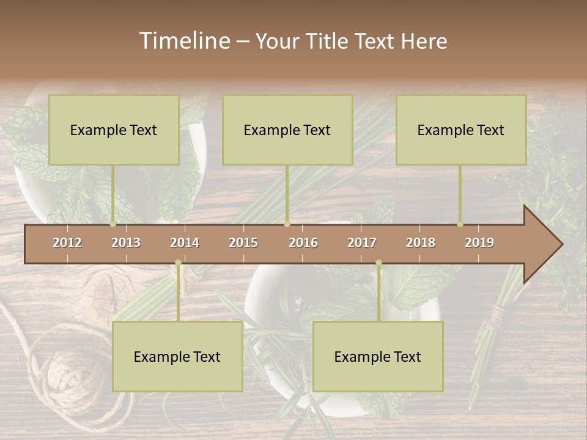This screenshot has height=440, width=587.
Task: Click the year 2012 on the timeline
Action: [x=67, y=243]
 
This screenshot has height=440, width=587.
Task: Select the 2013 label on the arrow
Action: [x=126, y=243]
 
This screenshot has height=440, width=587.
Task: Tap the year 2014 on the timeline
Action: [x=185, y=243]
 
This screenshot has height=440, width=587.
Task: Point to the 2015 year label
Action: [x=243, y=243]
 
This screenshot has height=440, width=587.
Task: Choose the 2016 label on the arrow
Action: [x=303, y=243]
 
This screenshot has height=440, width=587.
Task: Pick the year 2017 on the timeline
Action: [x=362, y=243]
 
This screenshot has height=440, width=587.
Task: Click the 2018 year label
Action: [x=421, y=243]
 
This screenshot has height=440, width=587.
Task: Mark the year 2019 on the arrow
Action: [x=479, y=243]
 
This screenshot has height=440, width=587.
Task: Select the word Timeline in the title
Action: [x=184, y=41]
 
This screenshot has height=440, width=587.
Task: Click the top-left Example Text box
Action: [x=114, y=130]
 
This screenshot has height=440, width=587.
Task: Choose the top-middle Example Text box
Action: [x=287, y=130]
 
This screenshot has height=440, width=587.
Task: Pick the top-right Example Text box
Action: [x=461, y=130]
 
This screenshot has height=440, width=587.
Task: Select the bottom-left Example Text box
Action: [x=177, y=356]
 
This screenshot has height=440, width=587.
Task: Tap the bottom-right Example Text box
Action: [x=378, y=356]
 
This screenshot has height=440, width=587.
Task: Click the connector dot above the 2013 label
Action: [x=113, y=224]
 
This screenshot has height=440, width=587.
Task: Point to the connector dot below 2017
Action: [x=378, y=263]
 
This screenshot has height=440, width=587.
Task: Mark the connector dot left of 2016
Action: [x=287, y=224]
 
